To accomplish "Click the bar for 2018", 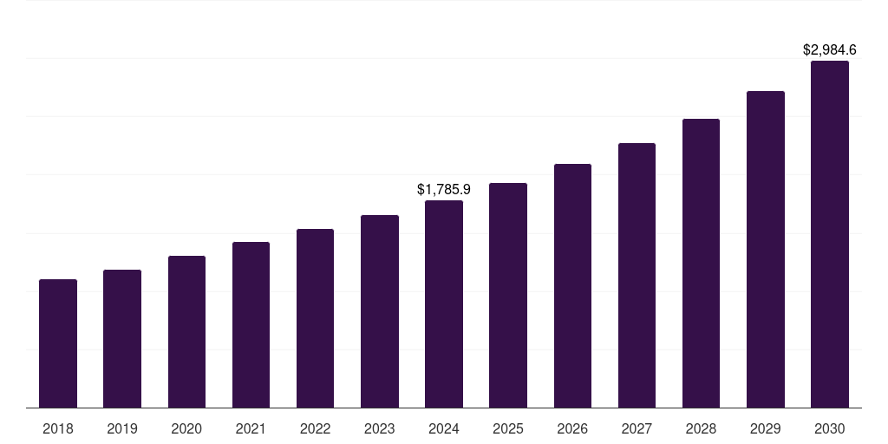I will click(x=58, y=343).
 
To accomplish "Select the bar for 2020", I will click(x=186, y=331).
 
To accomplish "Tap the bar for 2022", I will click(x=315, y=318).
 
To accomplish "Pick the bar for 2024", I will click(x=444, y=304).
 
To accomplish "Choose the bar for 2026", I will click(x=572, y=285).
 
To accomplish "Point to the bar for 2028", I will click(x=701, y=263).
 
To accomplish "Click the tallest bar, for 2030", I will click(x=830, y=234).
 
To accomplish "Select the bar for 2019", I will click(x=122, y=338).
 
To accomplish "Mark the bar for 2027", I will click(x=637, y=275).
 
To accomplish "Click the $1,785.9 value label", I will click(x=444, y=189).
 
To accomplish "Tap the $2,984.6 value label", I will click(x=830, y=50).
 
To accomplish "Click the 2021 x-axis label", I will click(x=251, y=428).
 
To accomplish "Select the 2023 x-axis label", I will click(x=380, y=428).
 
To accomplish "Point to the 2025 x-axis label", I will click(x=508, y=428).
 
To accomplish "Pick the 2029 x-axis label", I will click(x=766, y=428).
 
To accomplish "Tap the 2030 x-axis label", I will click(x=830, y=428).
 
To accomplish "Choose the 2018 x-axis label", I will click(x=58, y=428).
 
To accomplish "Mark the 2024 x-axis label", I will click(x=444, y=428).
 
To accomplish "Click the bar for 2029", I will click(x=766, y=249).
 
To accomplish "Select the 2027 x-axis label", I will click(x=637, y=428).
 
